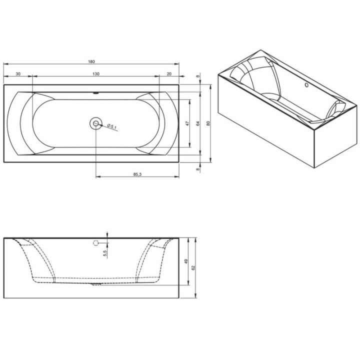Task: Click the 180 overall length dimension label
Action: click(x=91, y=61)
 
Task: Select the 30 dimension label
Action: click(x=18, y=74)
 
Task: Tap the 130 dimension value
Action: click(x=96, y=74)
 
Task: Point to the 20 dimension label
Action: click(x=169, y=74)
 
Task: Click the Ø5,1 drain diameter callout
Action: click(x=112, y=126)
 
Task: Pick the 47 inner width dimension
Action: click(x=187, y=123)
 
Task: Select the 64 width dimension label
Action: click(x=198, y=123)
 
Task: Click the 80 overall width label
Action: click(x=208, y=123)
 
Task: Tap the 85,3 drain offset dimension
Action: click(x=137, y=174)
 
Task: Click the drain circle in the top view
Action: click(x=95, y=123)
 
